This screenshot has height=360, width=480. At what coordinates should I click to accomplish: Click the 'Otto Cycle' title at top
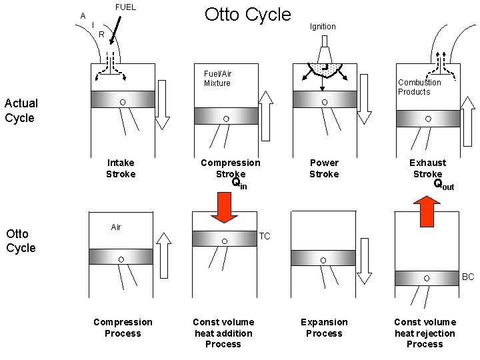tap(247, 15)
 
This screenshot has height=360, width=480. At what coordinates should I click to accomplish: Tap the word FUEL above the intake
tap(125, 7)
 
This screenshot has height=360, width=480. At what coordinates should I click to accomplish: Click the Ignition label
tap(323, 27)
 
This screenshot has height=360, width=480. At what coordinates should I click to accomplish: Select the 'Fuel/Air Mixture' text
tap(217, 79)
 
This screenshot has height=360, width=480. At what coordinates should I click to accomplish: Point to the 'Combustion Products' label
tap(419, 87)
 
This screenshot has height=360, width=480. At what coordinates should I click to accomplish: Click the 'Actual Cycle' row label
tap(21, 110)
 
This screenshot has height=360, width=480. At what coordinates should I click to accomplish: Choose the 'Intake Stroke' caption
tap(121, 168)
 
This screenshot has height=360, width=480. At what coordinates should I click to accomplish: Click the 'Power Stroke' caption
tap(324, 168)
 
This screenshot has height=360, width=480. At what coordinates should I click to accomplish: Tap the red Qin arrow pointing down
tap(224, 207)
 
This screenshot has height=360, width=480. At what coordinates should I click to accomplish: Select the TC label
tap(265, 236)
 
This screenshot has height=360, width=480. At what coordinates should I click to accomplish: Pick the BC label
tap(468, 276)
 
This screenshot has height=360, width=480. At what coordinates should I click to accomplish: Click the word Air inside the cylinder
tap(116, 227)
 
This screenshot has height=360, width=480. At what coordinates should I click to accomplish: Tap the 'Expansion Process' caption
tap(324, 327)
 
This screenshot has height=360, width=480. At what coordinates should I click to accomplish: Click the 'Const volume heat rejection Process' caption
tap(425, 333)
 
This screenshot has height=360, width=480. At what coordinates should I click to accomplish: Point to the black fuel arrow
tap(117, 29)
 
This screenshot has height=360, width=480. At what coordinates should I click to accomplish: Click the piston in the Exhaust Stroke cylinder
tap(428, 119)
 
